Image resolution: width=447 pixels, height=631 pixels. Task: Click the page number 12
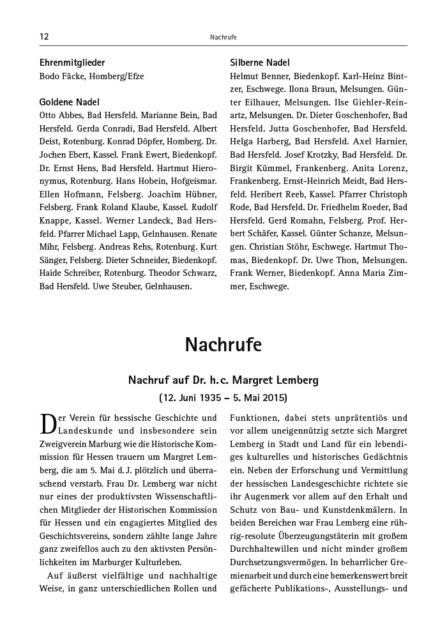[x=44, y=36]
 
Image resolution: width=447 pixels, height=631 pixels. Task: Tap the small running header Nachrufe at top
[x=223, y=37]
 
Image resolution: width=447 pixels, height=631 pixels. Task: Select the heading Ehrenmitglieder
[x=72, y=63]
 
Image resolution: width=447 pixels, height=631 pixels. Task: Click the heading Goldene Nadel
[x=70, y=102]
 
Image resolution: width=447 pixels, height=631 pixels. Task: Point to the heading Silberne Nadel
[x=259, y=63]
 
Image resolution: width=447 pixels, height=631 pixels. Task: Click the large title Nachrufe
[x=223, y=345]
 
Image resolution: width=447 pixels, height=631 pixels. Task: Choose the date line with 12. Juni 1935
[x=223, y=398]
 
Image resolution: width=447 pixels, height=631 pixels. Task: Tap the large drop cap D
[x=49, y=424]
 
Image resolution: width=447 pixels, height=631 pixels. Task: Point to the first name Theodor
[x=165, y=273]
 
